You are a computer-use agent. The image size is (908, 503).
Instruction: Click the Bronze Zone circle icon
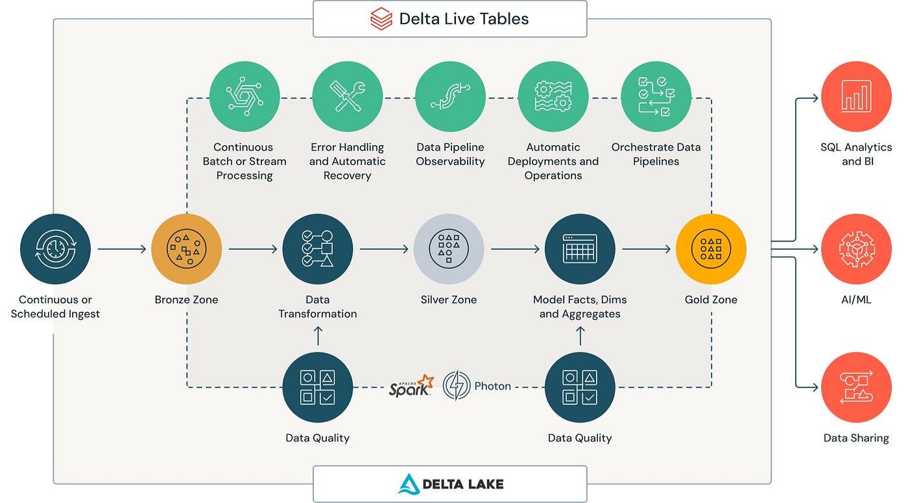tap(187, 249)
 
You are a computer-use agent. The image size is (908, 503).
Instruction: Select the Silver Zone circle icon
tap(449, 249)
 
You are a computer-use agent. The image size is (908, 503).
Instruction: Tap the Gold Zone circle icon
tap(711, 249)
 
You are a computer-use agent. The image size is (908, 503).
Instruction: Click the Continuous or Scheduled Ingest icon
tap(55, 249)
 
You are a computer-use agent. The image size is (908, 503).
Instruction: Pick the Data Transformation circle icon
tap(318, 249)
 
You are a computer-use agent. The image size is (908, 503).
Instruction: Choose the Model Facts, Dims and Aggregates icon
tap(580, 249)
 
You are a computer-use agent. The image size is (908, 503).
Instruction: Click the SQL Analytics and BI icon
tap(856, 96)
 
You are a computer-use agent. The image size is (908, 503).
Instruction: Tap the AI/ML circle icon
tap(856, 249)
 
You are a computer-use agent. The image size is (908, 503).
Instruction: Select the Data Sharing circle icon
tap(856, 387)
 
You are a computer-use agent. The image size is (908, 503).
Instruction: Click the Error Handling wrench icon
tap(347, 96)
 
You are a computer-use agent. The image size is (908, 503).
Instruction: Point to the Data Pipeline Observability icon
tap(450, 96)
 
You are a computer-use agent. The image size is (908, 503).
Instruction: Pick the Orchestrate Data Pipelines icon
tap(656, 96)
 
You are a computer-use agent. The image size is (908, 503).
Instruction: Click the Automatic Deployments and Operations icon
tap(553, 96)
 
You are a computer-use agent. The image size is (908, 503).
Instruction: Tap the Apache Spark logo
tap(411, 386)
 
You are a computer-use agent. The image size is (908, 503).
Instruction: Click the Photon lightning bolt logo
tap(457, 386)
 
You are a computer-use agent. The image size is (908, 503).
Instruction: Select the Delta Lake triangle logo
tap(409, 484)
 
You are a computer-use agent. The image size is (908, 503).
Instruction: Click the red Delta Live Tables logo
tap(381, 19)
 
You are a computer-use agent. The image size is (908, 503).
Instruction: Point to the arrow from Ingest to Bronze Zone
tap(122, 249)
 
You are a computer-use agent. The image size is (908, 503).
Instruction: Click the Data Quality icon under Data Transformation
tap(318, 387)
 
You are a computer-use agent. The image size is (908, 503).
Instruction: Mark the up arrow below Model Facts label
tap(580, 336)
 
